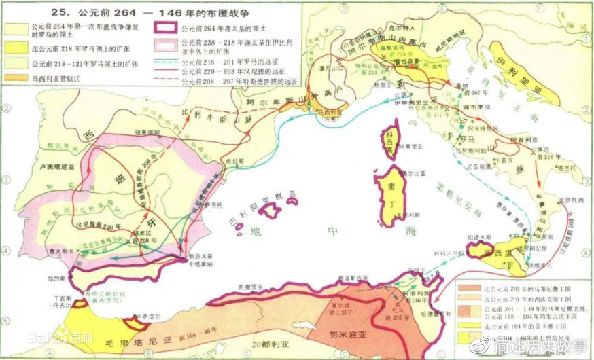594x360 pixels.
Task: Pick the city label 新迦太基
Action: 190,268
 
